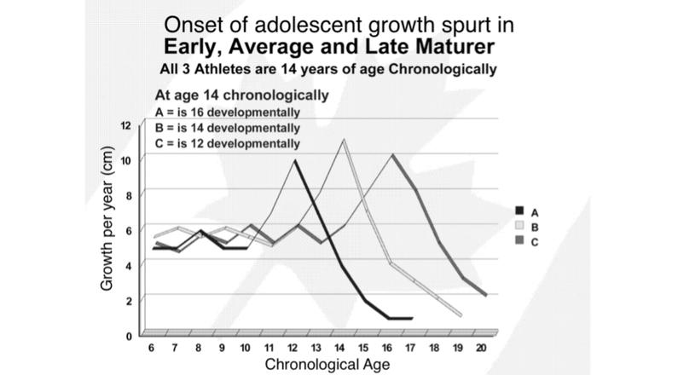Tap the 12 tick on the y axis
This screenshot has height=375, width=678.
pos(127,125)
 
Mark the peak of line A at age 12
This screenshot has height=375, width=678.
pos(295,159)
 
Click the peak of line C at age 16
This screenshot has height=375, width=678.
pos(392,154)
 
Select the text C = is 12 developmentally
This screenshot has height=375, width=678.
pos(229,143)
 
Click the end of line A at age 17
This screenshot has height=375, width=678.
pos(412,318)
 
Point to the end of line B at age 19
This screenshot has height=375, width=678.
pos(461,315)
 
